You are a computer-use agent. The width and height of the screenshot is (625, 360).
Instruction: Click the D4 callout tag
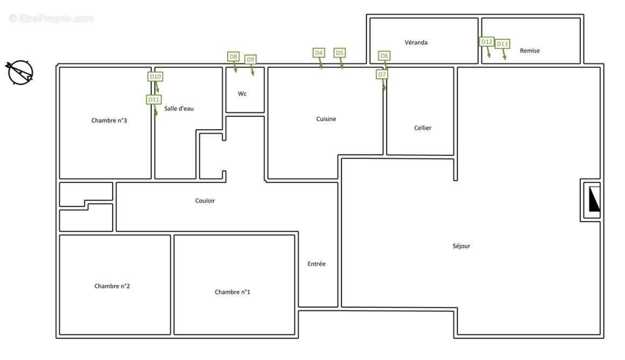(319, 53)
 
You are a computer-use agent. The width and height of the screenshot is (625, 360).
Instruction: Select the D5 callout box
(340, 53)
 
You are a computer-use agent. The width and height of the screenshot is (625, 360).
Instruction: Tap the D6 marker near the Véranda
(384, 56)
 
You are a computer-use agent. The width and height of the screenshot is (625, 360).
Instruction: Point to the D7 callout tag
(382, 74)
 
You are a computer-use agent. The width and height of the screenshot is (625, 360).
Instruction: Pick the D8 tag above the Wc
(233, 57)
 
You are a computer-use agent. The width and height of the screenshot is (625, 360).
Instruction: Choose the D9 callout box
(250, 59)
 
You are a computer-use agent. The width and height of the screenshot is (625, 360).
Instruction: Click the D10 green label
(156, 76)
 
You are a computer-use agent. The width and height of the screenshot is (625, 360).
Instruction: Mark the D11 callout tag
(154, 100)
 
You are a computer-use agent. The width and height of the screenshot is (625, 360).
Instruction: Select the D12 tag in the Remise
(487, 41)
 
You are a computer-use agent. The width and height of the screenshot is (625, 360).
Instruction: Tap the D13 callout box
(502, 44)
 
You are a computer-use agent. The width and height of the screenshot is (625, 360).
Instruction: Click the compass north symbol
(19, 72)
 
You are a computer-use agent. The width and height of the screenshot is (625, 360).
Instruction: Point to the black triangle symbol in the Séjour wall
(594, 199)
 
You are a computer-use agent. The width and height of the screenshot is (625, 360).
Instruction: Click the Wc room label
(242, 94)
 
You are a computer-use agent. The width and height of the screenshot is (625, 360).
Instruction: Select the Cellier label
(423, 128)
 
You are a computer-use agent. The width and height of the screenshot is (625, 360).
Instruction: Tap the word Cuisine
(326, 119)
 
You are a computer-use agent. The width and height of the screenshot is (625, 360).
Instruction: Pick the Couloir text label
(205, 201)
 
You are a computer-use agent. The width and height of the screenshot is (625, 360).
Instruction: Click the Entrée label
(317, 264)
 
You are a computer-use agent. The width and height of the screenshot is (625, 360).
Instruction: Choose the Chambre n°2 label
(112, 286)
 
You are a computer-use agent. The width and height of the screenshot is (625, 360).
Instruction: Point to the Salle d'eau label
(179, 108)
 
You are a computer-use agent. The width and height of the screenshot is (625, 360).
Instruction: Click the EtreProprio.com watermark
(52, 18)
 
